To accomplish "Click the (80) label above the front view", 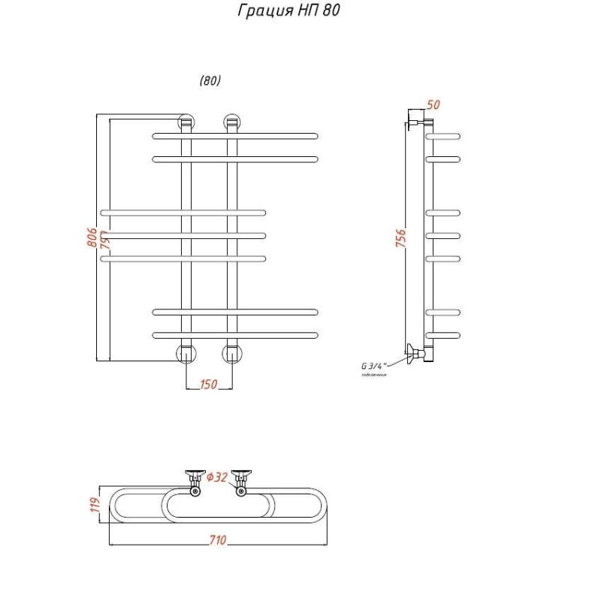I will pos(210,81).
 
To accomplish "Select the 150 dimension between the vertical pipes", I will pos(208,385).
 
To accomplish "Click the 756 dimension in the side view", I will pos(401,238).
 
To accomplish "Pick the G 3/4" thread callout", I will pos(373,366).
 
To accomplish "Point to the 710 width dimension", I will pos(218,541).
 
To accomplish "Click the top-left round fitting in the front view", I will pos(186,122).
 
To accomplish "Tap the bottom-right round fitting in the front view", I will pos(232,352).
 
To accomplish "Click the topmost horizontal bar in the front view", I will pos(235,136).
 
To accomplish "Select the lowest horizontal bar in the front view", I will pos(235,334).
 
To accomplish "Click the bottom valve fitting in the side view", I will pos(415,353).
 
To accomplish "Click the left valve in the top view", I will pos(195,481).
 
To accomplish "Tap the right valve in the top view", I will pos(241,481).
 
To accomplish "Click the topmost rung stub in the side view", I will pos(443,136).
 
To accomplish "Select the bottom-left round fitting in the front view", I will pos(186,352).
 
